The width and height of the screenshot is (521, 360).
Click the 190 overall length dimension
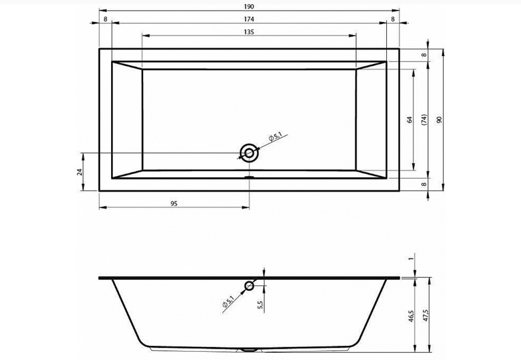pos(248,7)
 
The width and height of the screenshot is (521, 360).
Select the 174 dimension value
pos(249,20)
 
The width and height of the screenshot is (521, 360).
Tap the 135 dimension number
pos(249,32)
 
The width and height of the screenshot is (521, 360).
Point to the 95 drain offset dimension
pos(174,203)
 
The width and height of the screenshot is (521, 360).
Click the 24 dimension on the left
pos(79,171)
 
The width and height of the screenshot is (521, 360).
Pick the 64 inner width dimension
pos(410,119)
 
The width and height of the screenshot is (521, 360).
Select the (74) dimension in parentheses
pos(424,119)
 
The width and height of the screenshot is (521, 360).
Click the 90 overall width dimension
pos(439,119)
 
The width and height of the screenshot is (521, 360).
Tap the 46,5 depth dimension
pos(411,316)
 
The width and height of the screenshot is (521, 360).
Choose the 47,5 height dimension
pos(426,316)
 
